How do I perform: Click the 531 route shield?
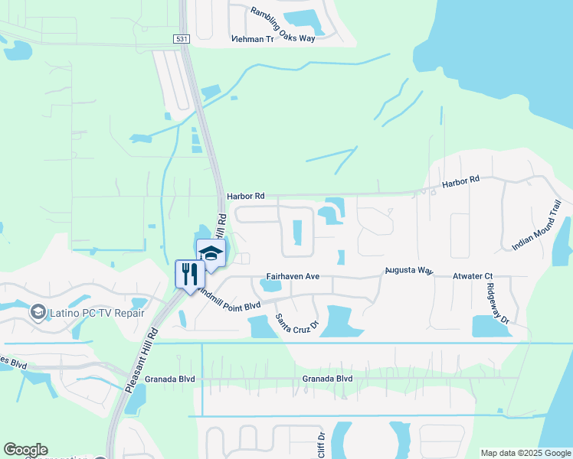pyautogui.click(x=182, y=38)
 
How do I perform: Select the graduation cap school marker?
pyautogui.click(x=210, y=253)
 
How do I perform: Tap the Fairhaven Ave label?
pyautogui.click(x=292, y=276)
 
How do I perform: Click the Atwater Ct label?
pyautogui.click(x=472, y=276)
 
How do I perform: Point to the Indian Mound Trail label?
pyautogui.click(x=542, y=225)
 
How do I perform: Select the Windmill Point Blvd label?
pyautogui.click(x=229, y=300)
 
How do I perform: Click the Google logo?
pyautogui.click(x=25, y=450)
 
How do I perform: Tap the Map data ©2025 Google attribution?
pyautogui.click(x=526, y=453)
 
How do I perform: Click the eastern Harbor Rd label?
pyautogui.click(x=460, y=182)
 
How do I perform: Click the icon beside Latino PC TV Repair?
pyautogui.click(x=37, y=312)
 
